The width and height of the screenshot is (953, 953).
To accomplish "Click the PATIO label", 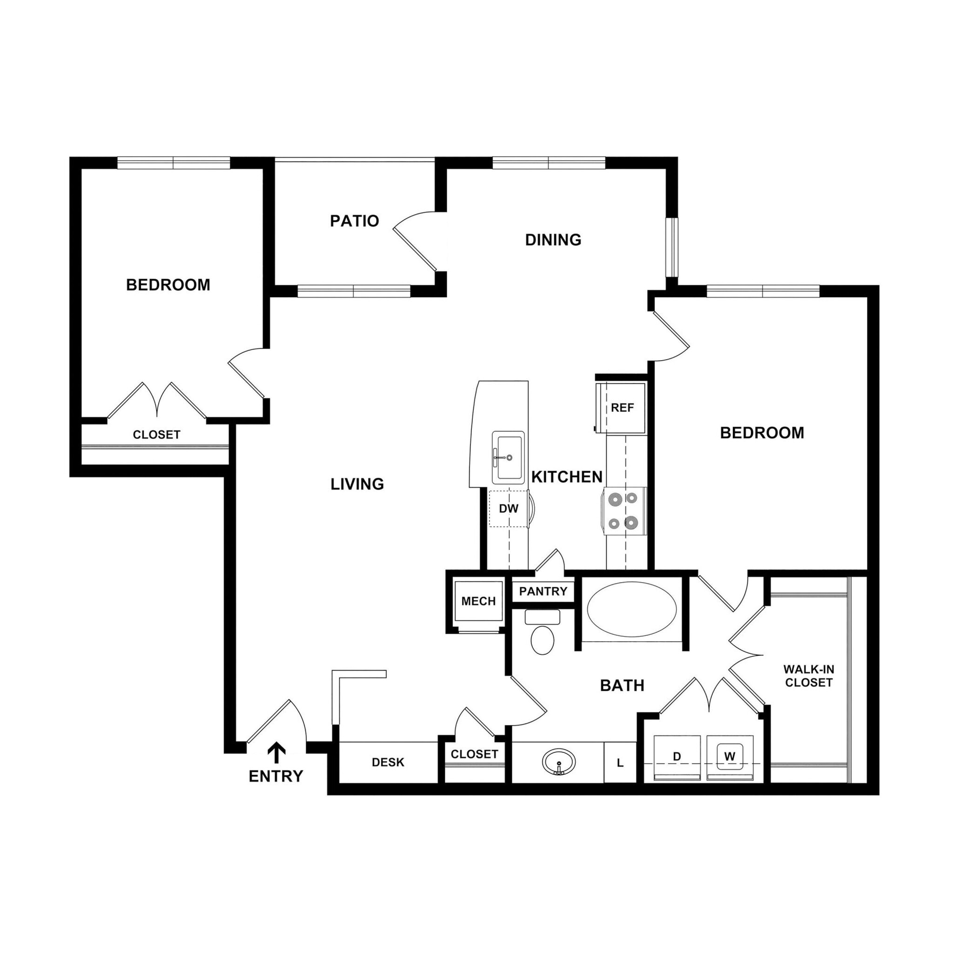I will [x=354, y=221].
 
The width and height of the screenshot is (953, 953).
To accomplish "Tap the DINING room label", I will [x=553, y=240].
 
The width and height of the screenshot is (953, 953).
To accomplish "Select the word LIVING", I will [x=357, y=484].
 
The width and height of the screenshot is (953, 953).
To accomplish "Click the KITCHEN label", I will [x=567, y=476].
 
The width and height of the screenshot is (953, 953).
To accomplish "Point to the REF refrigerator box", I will [x=623, y=408].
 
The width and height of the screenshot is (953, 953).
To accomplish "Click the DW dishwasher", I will [x=509, y=509].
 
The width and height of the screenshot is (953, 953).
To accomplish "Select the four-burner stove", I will [x=624, y=511].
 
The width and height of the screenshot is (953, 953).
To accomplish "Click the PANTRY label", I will [x=543, y=591].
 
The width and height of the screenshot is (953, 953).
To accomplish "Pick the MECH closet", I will [x=478, y=601].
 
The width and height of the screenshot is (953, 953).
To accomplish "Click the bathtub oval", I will [x=632, y=610].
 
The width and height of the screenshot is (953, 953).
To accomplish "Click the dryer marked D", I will [x=677, y=757].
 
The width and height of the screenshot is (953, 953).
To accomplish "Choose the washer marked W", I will [x=730, y=756].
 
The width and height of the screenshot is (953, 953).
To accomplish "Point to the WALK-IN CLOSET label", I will [x=808, y=676].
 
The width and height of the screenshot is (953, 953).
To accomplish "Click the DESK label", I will [x=388, y=763].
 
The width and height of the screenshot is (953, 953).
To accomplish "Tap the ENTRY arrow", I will [x=276, y=753].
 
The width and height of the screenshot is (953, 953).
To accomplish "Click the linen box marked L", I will [x=620, y=763].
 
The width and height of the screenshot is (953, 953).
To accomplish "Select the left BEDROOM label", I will [x=168, y=285].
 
